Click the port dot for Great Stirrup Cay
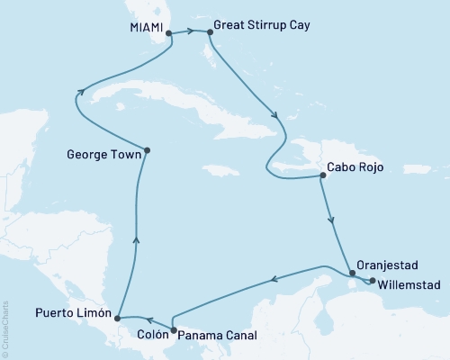click(x=210, y=32)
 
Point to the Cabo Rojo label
click(x=360, y=177)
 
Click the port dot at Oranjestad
click(x=351, y=273)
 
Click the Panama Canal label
click(x=217, y=335)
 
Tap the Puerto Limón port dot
click(x=117, y=316)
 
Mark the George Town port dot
click(x=148, y=150)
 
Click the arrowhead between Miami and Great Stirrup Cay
click(x=193, y=32)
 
